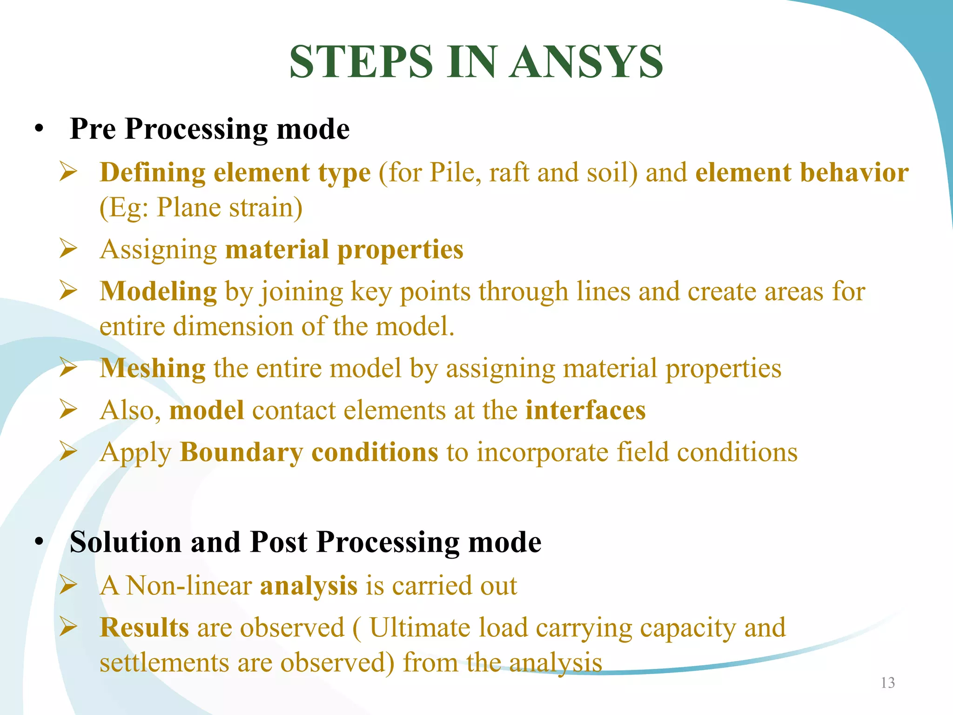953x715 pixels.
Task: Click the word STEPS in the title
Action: click(361, 62)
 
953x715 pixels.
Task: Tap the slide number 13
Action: click(887, 683)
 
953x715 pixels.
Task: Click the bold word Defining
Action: click(152, 173)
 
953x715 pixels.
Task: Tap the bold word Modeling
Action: click(158, 292)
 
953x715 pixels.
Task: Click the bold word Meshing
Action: click(152, 369)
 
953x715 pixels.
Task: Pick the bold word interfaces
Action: click(585, 410)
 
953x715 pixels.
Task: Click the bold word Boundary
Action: click(242, 453)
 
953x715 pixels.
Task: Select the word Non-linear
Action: click(189, 586)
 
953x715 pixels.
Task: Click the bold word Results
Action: click(144, 627)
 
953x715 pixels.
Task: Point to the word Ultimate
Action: click(419, 627)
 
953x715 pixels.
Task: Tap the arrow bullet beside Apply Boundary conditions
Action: click(68, 451)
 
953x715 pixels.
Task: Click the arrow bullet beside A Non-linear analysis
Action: click(68, 585)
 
